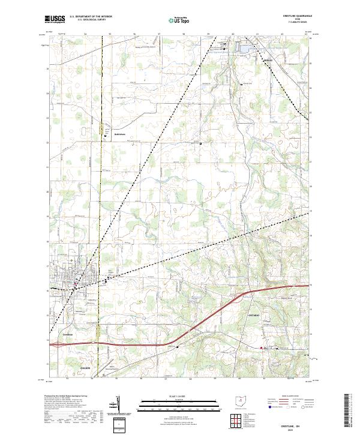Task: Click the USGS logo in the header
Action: click(55, 19)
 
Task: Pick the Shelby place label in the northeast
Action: click(268, 61)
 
